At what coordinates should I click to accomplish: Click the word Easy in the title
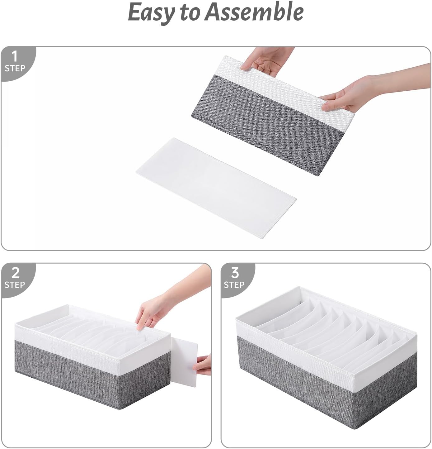(x=151, y=12)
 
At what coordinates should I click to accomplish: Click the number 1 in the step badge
(x=14, y=57)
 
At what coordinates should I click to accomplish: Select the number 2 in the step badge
(x=15, y=273)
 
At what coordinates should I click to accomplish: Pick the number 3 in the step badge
(x=235, y=273)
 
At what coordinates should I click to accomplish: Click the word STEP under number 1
(x=15, y=68)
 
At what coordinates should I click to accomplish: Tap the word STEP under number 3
(x=234, y=284)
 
